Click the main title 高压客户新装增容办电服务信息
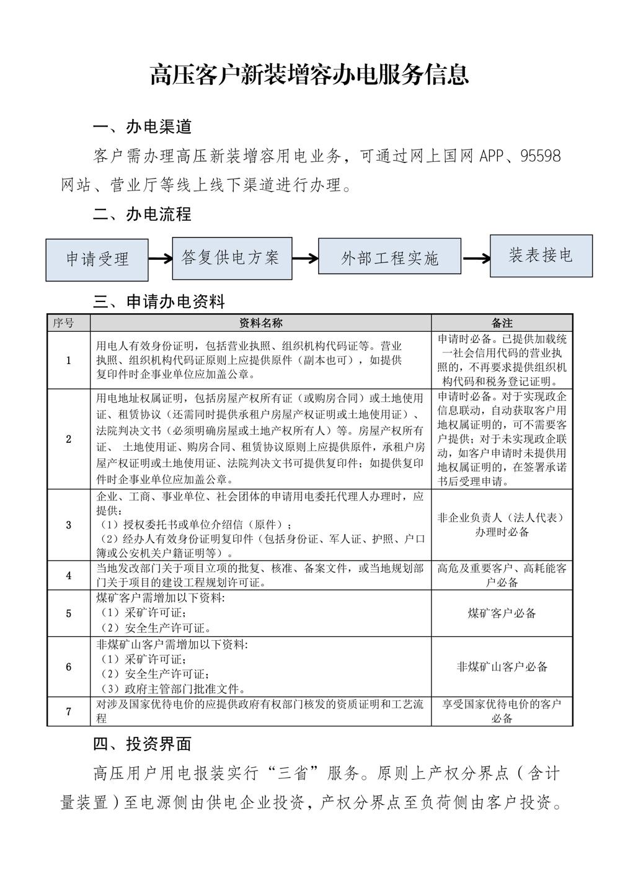click(309, 74)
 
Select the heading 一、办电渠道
click(142, 127)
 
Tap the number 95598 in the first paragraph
click(540, 156)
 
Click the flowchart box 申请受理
click(97, 259)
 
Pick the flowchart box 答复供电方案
click(230, 257)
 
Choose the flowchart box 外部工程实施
click(389, 256)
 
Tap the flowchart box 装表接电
click(541, 255)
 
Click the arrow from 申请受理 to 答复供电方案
click(160, 259)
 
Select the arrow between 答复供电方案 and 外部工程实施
click(305, 257)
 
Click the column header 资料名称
click(260, 323)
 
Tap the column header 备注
click(502, 323)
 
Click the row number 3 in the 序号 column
click(68, 525)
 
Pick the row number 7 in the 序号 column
click(68, 711)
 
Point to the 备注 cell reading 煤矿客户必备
click(502, 613)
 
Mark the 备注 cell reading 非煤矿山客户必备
click(502, 667)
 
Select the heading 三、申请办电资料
click(159, 301)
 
